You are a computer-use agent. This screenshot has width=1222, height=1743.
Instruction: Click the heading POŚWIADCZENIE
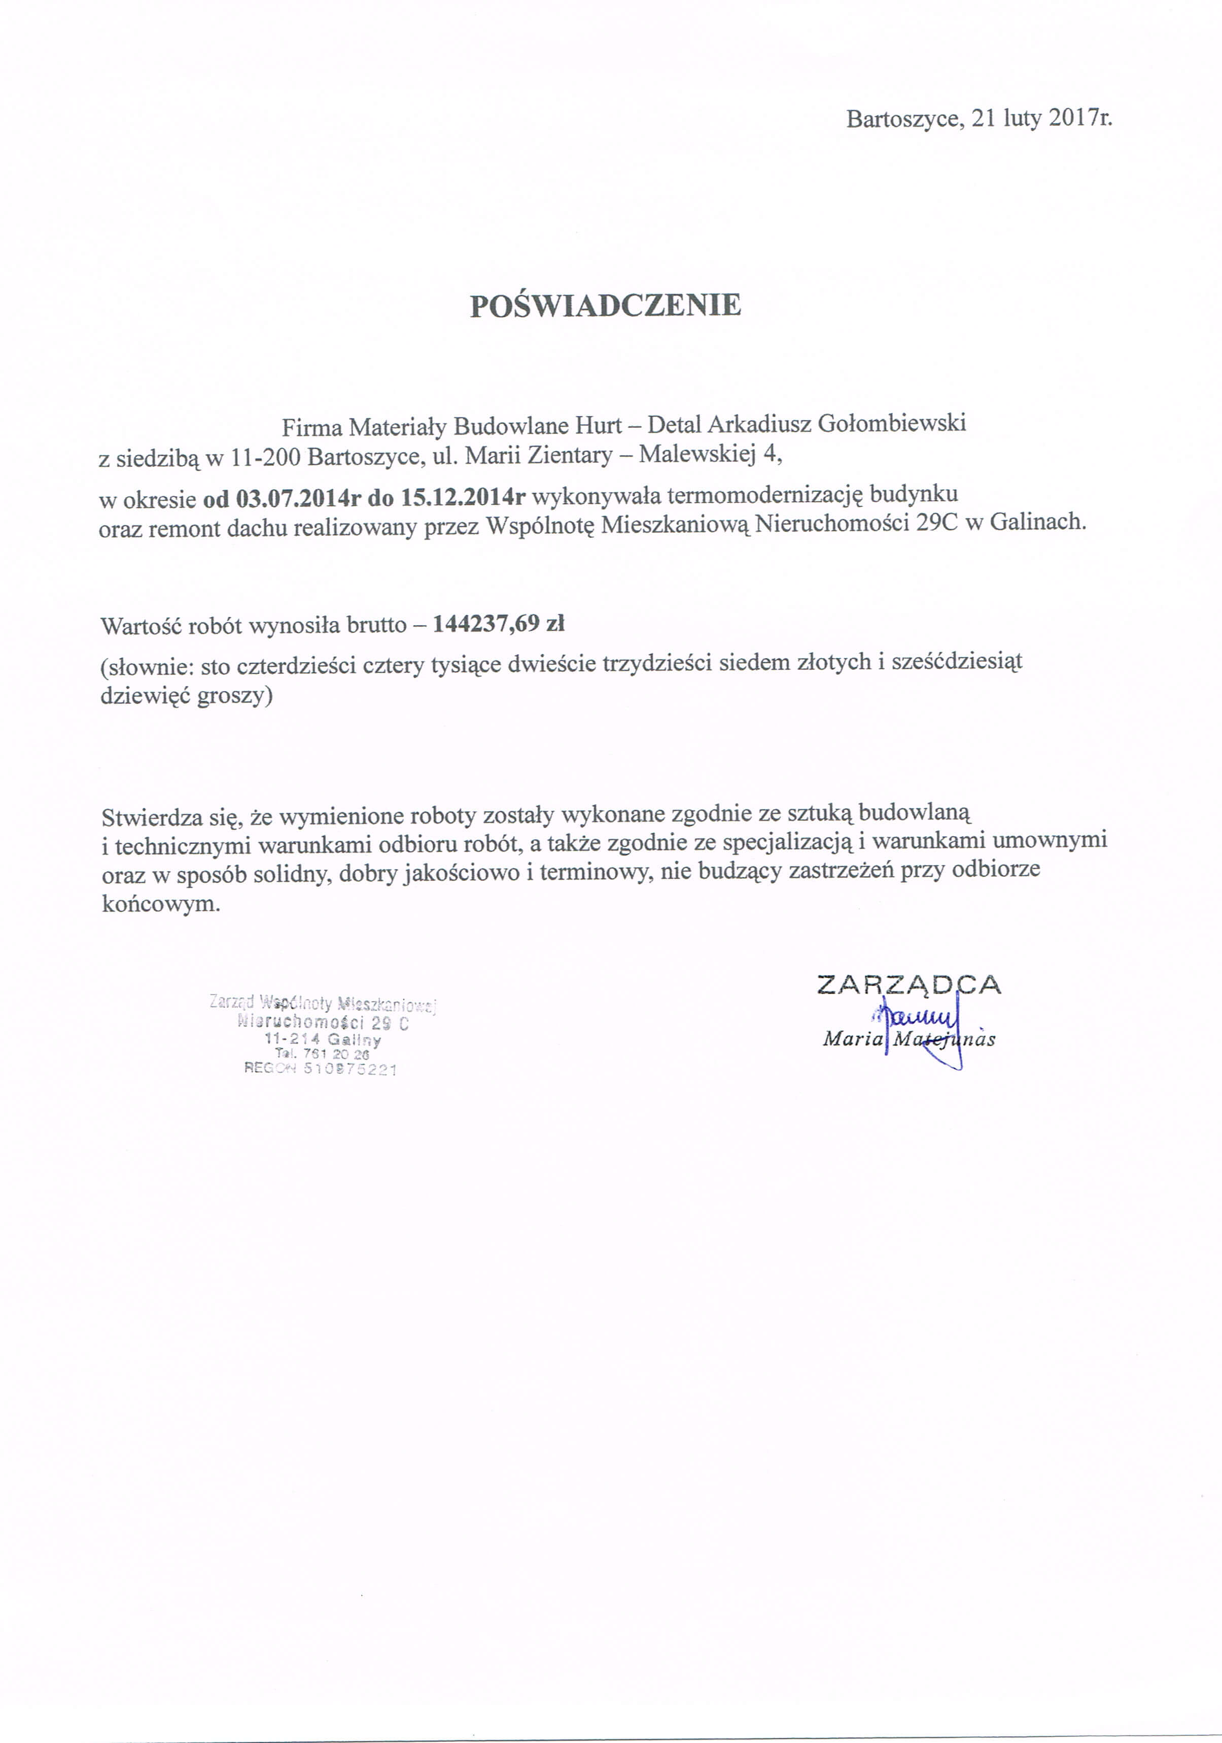point(605,305)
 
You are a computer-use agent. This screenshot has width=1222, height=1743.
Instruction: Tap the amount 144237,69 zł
point(499,624)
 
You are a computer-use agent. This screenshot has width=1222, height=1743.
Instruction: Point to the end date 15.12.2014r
point(464,498)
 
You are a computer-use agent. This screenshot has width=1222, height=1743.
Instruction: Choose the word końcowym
point(161,903)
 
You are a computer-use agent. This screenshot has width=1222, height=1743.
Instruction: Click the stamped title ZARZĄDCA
point(909,985)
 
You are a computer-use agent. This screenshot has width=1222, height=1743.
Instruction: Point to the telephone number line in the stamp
point(323,1054)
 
